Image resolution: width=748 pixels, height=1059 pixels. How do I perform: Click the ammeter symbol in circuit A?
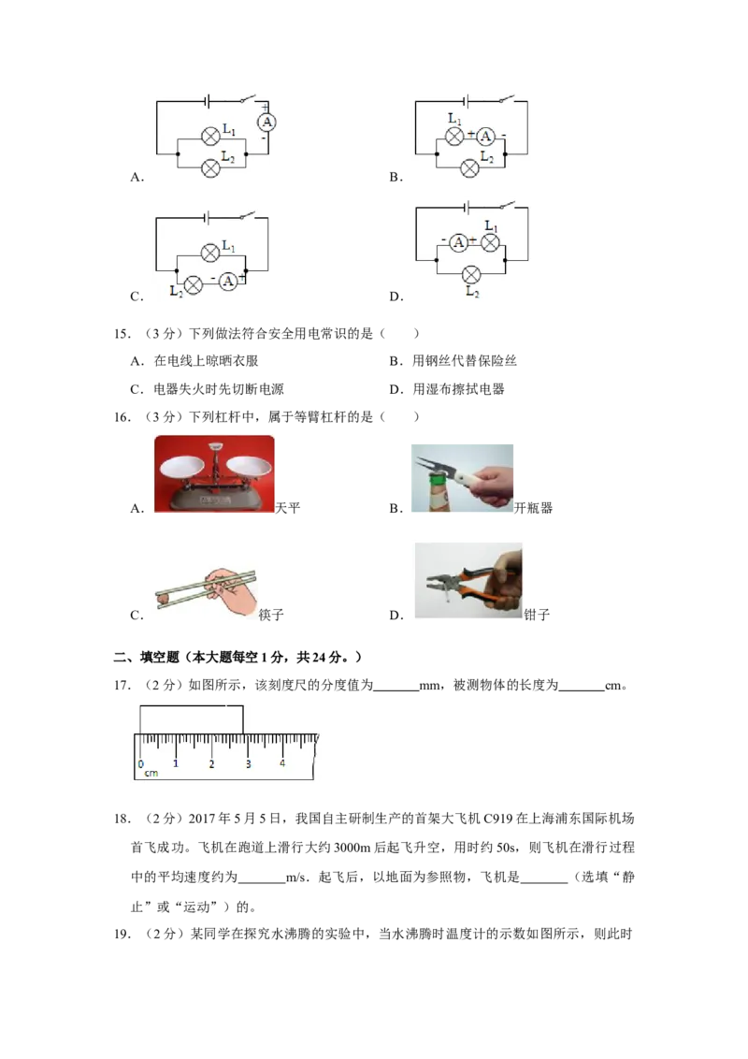[267, 123]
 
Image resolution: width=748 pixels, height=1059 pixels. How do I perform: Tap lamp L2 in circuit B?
[469, 168]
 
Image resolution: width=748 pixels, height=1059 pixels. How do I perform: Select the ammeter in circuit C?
[228, 281]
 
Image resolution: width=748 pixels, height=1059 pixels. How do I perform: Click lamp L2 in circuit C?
[193, 285]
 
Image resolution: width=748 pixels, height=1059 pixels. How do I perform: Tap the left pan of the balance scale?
[181, 465]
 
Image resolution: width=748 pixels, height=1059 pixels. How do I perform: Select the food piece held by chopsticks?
[162, 597]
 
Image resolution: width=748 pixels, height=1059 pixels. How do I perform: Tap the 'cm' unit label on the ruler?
[151, 774]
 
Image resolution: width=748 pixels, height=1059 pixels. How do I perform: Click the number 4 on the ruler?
[282, 763]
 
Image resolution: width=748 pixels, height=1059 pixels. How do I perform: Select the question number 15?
[121, 333]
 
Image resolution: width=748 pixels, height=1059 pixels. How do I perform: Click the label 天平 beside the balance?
[288, 508]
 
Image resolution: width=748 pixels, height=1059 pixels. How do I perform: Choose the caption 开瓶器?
[533, 508]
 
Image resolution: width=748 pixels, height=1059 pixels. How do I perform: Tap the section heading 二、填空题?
[147, 657]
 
